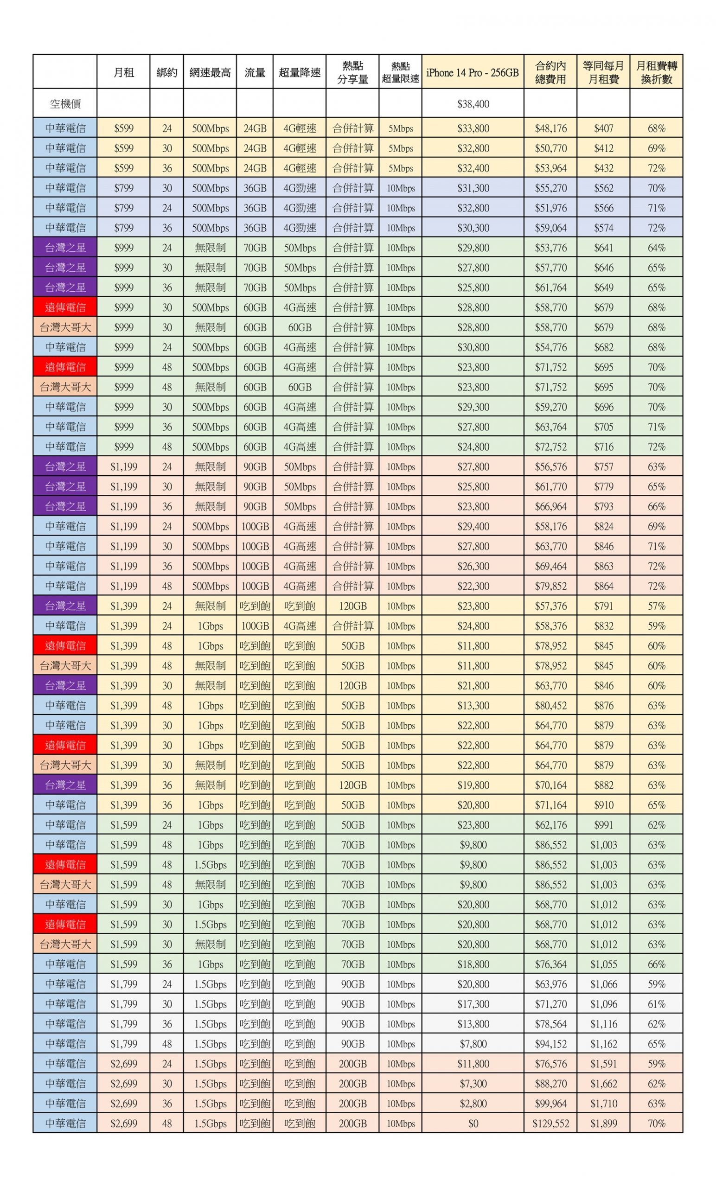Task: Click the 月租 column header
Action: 123,73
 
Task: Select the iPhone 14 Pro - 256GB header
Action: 472,73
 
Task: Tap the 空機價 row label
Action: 65,104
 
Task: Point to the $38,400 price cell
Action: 473,104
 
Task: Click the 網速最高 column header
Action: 210,73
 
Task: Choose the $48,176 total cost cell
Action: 550,128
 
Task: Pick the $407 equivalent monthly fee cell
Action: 603,128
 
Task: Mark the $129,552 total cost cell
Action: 550,1123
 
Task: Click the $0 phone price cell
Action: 473,1123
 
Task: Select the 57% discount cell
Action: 656,606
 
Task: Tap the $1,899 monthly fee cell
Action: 603,1123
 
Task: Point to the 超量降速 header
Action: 299,73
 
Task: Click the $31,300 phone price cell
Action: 473,188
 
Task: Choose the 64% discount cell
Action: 656,248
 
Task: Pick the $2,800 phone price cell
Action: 473,1104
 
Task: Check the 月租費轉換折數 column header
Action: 656,73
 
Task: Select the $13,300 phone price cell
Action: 473,706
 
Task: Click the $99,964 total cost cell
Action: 550,1104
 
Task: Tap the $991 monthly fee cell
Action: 603,825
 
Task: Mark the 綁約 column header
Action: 167,73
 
